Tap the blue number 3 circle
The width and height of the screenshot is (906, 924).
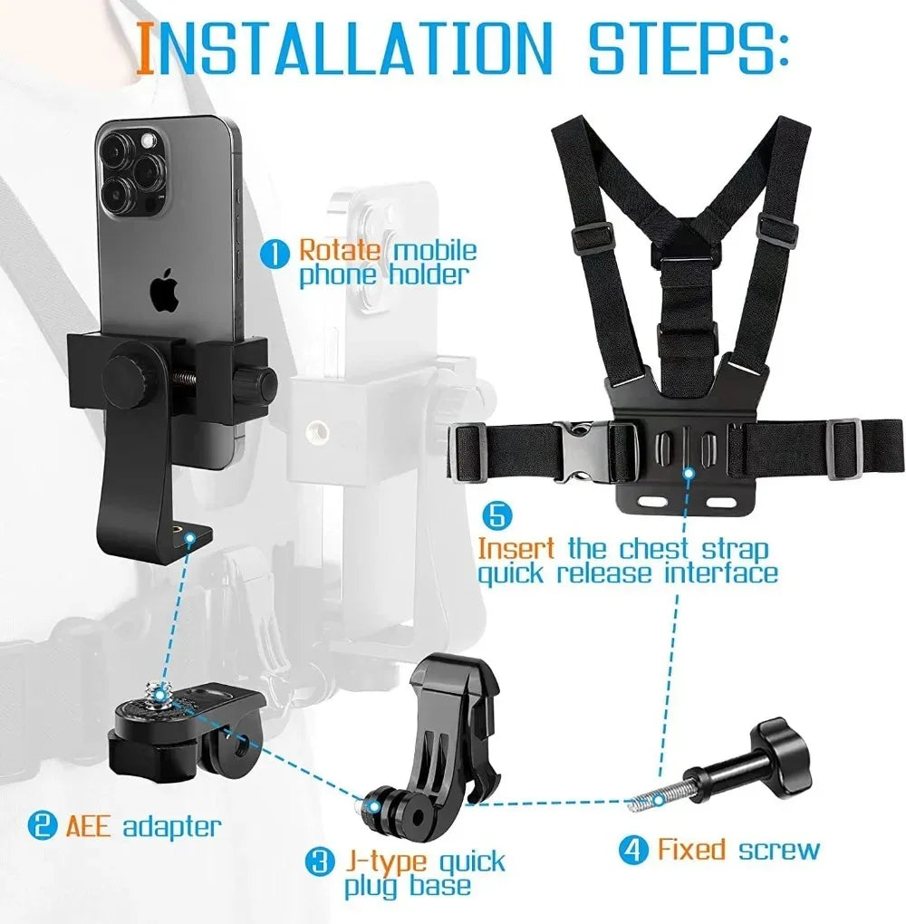(x=318, y=860)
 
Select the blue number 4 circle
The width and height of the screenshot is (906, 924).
(x=633, y=850)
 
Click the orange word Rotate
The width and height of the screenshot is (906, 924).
(x=333, y=250)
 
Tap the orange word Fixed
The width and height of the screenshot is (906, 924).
(x=691, y=850)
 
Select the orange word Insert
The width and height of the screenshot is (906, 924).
(x=516, y=549)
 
